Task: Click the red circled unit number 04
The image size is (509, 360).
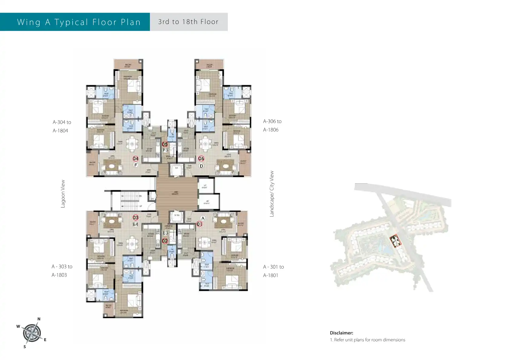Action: (135, 159)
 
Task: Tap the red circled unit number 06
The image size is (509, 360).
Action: (201, 159)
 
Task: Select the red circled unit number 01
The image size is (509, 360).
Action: (199, 224)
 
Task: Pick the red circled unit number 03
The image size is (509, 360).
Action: (135, 218)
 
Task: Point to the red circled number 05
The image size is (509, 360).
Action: (165, 144)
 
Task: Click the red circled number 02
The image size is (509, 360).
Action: (165, 241)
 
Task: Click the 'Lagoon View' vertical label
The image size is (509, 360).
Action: (63, 194)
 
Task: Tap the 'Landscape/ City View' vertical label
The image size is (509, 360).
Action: (272, 194)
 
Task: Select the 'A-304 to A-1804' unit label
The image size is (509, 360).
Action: (61, 126)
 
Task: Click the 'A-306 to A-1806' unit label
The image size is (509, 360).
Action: (272, 126)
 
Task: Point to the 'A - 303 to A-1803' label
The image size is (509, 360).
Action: (61, 271)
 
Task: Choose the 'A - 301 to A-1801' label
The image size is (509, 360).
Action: (273, 271)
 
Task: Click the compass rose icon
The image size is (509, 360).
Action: (32, 333)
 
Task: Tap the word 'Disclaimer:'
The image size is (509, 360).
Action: (341, 333)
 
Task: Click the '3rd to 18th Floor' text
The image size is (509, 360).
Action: (188, 22)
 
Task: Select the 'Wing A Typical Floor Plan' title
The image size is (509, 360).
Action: (79, 22)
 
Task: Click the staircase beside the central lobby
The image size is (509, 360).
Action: (130, 201)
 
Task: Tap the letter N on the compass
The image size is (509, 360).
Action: (39, 319)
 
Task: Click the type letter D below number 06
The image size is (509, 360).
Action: (201, 166)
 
